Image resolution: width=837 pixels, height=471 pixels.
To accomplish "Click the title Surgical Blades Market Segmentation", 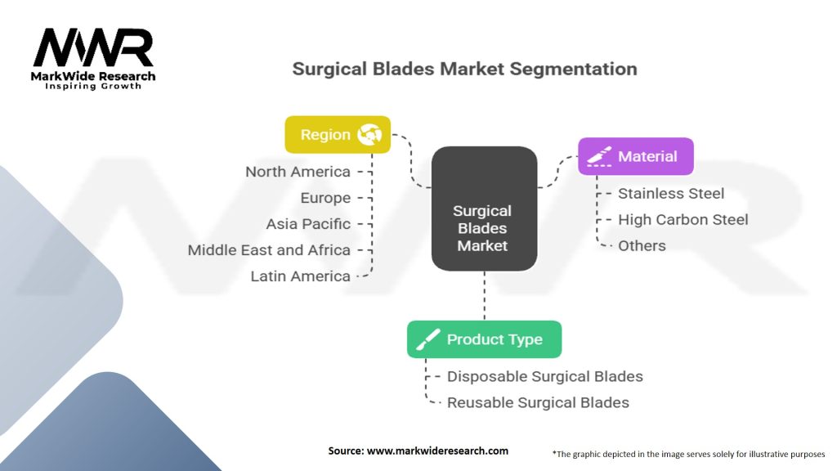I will tap(464, 69).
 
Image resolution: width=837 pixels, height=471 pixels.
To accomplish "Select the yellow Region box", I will tap(337, 135).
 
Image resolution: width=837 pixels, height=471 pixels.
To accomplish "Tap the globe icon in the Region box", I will tap(369, 135).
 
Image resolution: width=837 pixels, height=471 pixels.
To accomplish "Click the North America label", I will tap(298, 172).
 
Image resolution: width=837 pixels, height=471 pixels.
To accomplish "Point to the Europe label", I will tap(325, 198).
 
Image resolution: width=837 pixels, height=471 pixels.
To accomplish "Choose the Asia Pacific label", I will tap(308, 224).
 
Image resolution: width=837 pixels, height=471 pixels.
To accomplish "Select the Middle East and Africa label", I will tap(269, 250).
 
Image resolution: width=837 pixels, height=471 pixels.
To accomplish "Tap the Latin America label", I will tap(300, 276).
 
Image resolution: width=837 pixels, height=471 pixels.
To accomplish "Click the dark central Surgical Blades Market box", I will tap(484, 209).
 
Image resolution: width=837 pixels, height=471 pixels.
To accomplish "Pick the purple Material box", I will tap(635, 156).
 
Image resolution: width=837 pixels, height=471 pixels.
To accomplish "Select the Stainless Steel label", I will tap(671, 194).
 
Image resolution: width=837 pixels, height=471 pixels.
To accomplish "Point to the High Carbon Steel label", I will tap(683, 219).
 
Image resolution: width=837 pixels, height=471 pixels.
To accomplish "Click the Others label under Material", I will tap(642, 245).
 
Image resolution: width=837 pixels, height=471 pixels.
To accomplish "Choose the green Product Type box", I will tap(484, 339).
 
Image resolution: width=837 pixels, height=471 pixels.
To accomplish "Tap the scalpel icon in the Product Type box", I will tap(428, 339).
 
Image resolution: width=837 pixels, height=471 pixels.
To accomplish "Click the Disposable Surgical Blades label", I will tap(544, 376).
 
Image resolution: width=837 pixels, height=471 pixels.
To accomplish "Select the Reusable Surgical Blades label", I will tap(538, 402).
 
